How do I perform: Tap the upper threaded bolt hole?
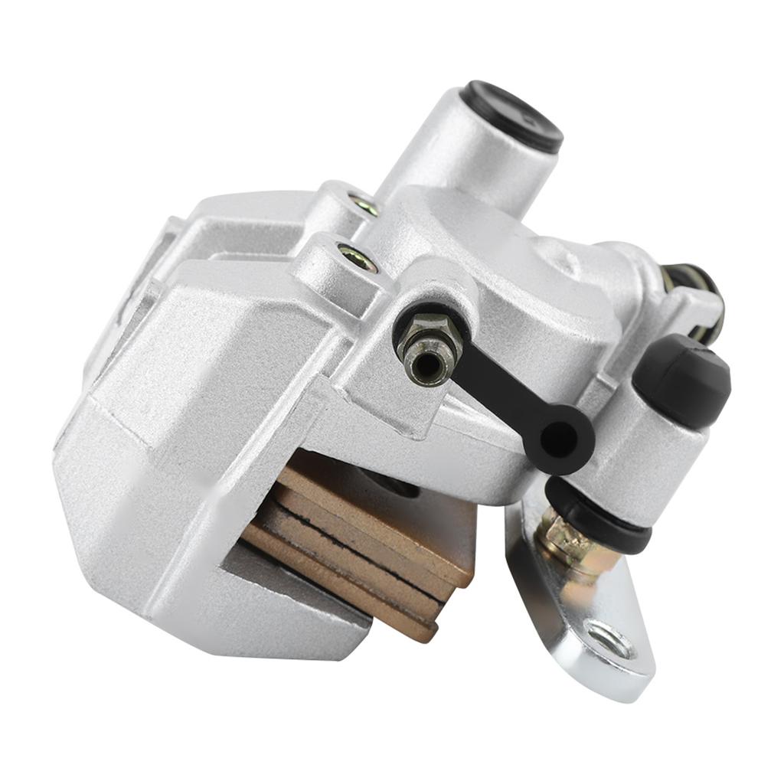362,204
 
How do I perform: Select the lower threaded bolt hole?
357,258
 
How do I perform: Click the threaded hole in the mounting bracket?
610,640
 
